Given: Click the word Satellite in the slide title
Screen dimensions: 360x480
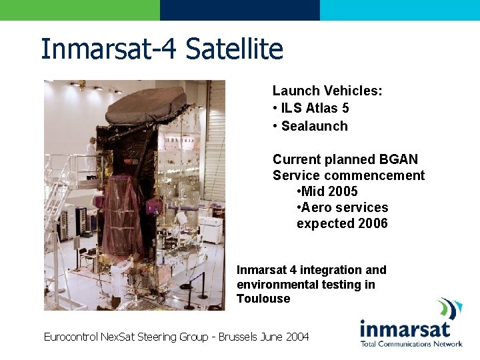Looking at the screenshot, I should pos(234,49).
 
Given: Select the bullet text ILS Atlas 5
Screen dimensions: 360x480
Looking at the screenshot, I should pos(315,108).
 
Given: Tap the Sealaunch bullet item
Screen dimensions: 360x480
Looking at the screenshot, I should pos(314,126).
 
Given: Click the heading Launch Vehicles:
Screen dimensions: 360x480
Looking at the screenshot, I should pos(327,91).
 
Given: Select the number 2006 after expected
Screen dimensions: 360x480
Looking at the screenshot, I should pos(372,223).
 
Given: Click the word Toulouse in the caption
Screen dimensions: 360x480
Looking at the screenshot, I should pos(263,299).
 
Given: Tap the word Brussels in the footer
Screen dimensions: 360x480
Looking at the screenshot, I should pos(239,337).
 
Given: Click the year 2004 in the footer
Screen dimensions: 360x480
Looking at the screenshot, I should pos(297,337).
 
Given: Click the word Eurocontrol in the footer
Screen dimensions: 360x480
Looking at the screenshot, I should pos(70,337).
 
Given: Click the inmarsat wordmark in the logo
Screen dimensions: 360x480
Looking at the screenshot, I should pos(405,329).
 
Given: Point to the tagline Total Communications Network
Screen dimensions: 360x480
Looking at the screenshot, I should pos(411,344).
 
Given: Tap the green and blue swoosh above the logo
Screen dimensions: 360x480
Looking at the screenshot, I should pos(449,309).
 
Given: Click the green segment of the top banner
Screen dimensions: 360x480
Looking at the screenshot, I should pos(80,10).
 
